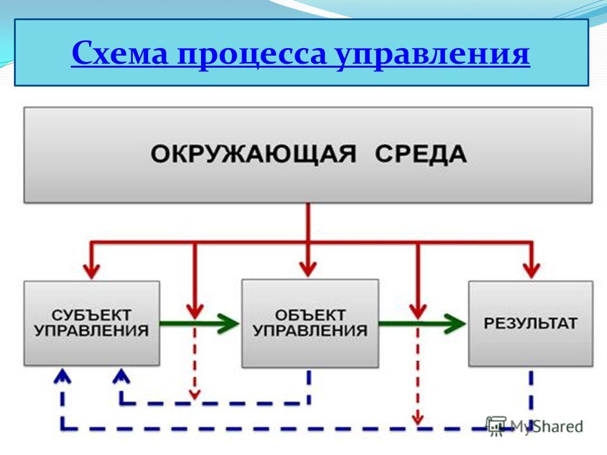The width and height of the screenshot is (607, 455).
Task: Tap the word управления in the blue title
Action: [x=432, y=55]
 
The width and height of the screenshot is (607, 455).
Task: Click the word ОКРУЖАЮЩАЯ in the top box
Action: [x=253, y=154]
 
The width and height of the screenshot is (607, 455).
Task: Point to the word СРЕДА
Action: [x=421, y=154]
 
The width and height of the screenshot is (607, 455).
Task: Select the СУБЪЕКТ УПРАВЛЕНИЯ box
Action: [x=92, y=323]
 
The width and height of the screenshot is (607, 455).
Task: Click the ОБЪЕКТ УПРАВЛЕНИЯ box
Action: [x=310, y=323]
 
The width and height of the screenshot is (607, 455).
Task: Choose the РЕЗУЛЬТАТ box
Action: [x=530, y=324]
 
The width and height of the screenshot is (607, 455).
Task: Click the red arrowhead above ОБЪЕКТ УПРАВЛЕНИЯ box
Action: [x=308, y=269]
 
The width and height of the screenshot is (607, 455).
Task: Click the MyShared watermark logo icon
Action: [x=496, y=425]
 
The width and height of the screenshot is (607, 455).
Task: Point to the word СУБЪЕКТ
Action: [x=92, y=315]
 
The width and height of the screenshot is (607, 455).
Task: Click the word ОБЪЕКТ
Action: [x=310, y=315]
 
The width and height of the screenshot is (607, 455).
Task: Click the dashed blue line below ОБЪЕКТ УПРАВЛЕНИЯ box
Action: [x=309, y=387]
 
